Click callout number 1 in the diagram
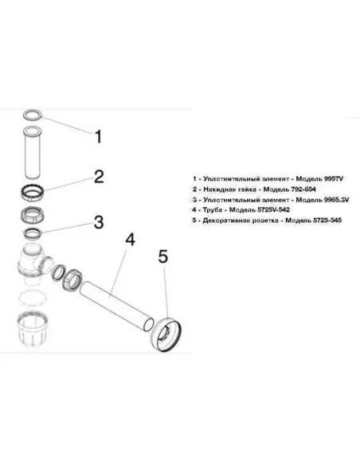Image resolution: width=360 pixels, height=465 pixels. pos(98,137)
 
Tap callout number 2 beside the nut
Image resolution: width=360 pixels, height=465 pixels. pos(99,176)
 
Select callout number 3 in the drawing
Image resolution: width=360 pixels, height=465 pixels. pos(99,222)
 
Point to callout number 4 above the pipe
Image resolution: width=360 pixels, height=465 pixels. pos(130,240)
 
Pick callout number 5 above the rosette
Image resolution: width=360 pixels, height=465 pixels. pos(163,256)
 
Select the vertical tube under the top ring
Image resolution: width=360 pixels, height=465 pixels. pos(32,152)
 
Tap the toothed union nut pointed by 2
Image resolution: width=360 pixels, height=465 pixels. pos(33,193)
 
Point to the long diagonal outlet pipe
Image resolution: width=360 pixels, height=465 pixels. pos(117,306)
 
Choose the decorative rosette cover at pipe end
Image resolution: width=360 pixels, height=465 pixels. pos(166,334)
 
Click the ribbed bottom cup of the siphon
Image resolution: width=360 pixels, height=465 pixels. pos(33,329)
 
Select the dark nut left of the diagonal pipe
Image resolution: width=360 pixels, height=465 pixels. pos(72,279)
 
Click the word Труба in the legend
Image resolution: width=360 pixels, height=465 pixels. pos(213,210)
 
